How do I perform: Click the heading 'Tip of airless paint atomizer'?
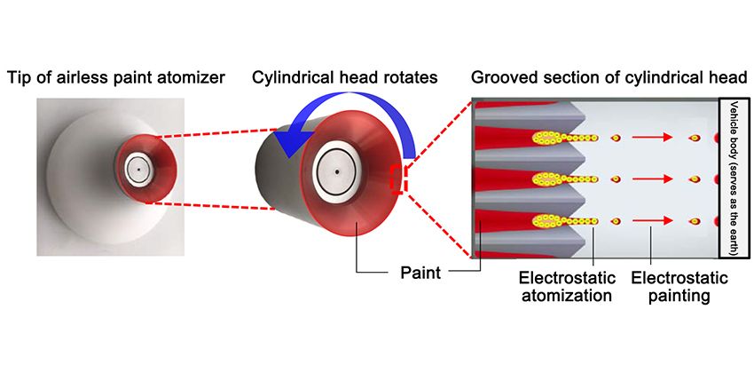pos(115,78)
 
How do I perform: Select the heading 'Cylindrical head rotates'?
pos(344,78)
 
